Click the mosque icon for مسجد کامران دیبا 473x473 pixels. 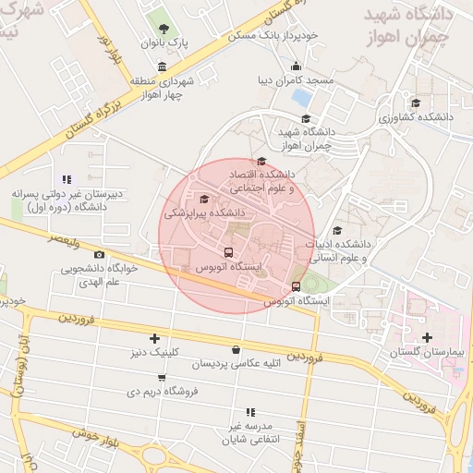pos(296,66)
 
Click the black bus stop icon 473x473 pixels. pos(228,251)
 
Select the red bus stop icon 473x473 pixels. pos(296,286)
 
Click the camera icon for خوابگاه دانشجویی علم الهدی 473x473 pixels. pos(99,255)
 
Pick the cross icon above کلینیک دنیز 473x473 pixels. pos(154,338)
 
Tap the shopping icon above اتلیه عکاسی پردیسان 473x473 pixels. pos(236,349)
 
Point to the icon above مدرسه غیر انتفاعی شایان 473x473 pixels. pos(249,412)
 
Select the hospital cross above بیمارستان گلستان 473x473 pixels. pos(426,337)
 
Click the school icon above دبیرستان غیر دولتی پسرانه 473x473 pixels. pos(65,179)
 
